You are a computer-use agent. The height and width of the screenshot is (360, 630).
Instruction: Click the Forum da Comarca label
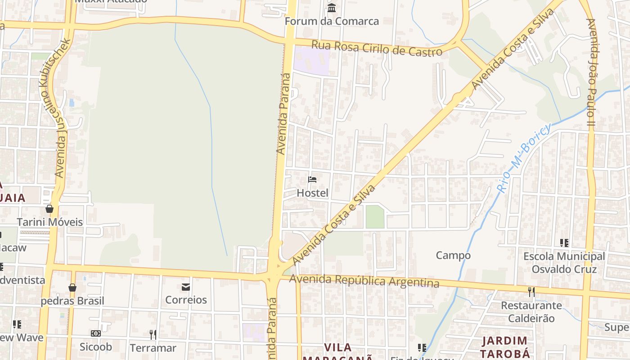[332, 21]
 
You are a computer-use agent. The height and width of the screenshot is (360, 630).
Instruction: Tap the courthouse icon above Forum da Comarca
[332, 8]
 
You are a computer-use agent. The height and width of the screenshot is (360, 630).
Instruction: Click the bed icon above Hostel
[312, 180]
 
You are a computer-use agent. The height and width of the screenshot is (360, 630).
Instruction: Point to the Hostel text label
[312, 193]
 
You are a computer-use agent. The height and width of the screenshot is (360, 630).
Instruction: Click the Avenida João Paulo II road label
[591, 72]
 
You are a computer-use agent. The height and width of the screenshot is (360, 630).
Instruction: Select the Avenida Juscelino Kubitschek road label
[63, 108]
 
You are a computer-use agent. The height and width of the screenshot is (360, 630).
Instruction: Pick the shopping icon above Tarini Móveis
[49, 209]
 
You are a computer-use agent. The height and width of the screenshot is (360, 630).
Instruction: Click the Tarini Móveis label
[50, 222]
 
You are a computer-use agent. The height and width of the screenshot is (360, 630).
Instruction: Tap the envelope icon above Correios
[186, 287]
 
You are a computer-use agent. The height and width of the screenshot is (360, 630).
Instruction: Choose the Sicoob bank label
[95, 347]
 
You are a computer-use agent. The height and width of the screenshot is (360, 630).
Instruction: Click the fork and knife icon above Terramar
[153, 334]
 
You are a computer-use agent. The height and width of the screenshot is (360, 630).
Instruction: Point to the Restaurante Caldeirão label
[531, 312]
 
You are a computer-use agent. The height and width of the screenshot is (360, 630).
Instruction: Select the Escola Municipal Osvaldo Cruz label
[564, 263]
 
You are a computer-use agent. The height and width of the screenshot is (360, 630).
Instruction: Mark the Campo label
[453, 256]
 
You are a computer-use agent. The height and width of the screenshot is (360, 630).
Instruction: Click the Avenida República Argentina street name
[364, 281]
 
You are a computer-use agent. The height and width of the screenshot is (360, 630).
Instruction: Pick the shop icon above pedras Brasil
[72, 288]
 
